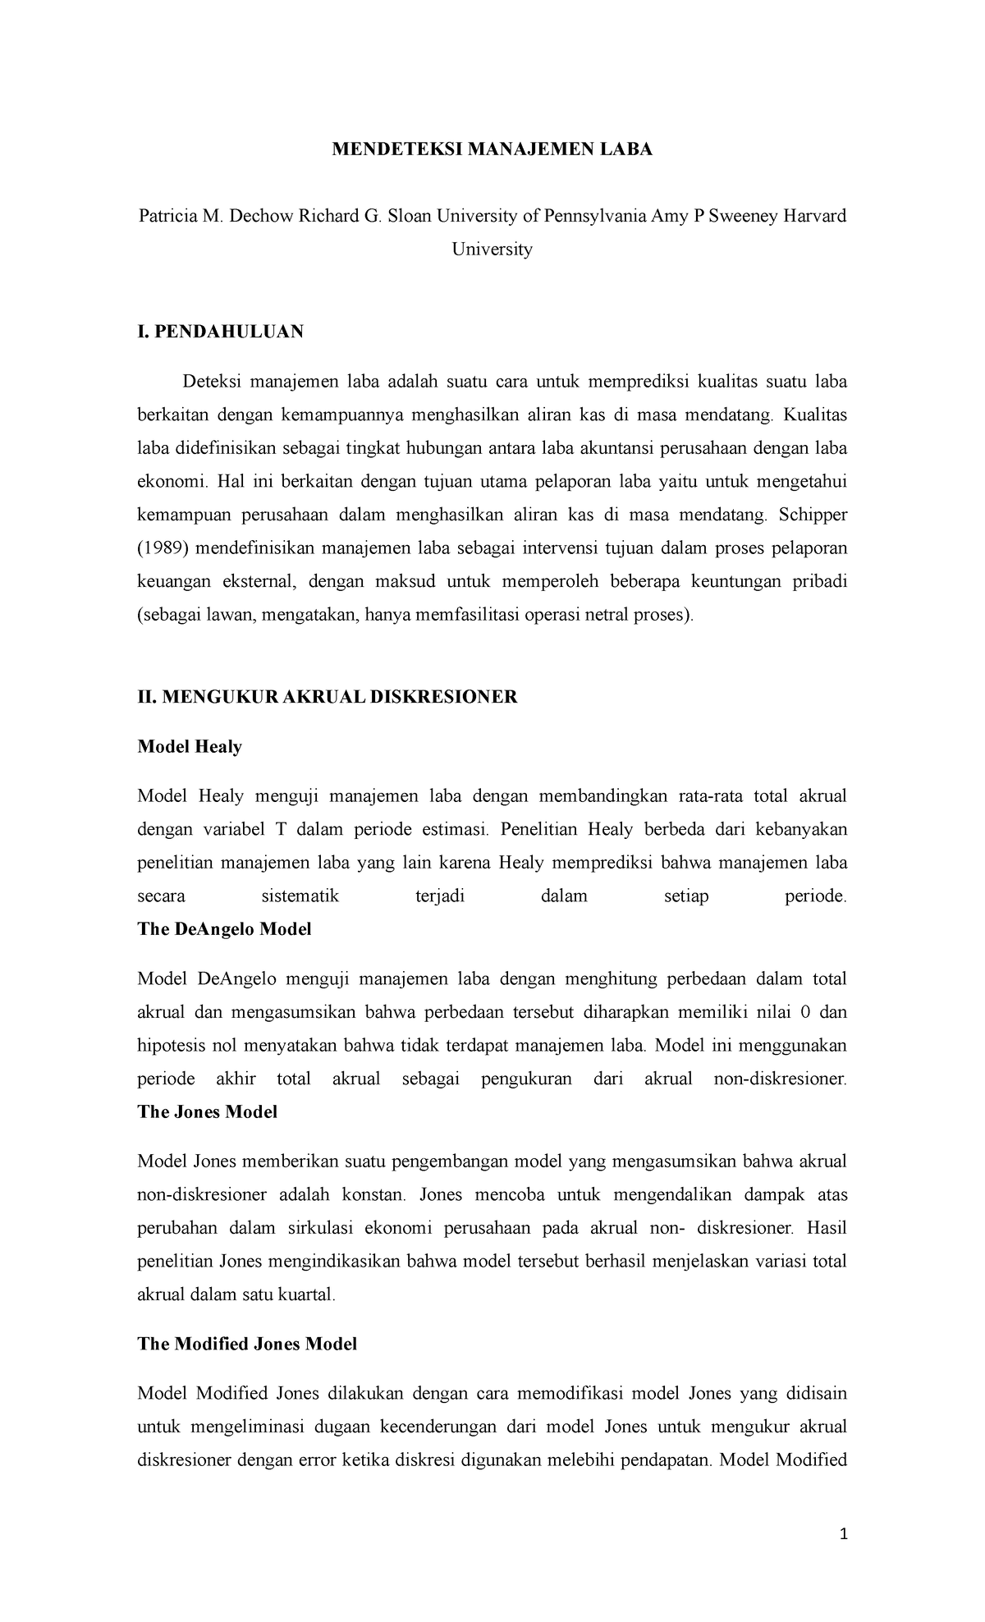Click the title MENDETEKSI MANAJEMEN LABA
[492, 149]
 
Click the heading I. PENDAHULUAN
[221, 332]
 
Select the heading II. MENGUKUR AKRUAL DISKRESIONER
[328, 697]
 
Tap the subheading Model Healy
[190, 746]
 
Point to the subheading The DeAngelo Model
[224, 929]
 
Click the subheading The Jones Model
[208, 1111]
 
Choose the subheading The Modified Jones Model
[247, 1344]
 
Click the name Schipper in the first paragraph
[813, 515]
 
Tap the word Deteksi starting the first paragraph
[210, 382]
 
